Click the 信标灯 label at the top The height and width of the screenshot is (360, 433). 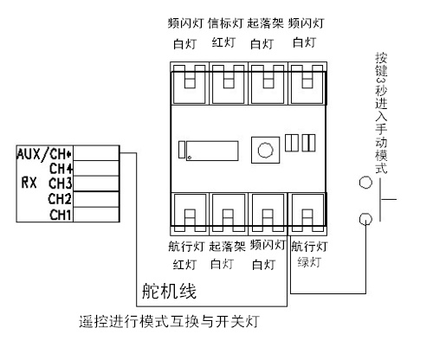[x=226, y=23]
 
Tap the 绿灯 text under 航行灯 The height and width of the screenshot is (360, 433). [x=309, y=262]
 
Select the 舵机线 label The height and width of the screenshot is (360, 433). [x=170, y=291]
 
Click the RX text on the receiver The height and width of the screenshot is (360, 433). [x=29, y=183]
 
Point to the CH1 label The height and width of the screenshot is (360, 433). [x=60, y=215]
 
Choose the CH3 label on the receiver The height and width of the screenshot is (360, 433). [x=60, y=183]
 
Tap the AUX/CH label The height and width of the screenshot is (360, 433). [x=44, y=154]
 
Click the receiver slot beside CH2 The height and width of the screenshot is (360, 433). [x=96, y=199]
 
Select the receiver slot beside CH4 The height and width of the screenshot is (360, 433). [x=96, y=168]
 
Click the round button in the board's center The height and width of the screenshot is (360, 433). [x=265, y=150]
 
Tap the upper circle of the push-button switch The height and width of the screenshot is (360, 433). [x=365, y=183]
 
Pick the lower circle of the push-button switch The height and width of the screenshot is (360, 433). [x=365, y=219]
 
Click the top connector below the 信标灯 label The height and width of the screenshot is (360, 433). [x=229, y=83]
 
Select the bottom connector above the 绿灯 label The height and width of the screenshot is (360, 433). [x=307, y=214]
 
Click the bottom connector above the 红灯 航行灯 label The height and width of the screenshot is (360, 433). [x=190, y=214]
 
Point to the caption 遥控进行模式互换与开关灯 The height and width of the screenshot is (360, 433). [x=169, y=322]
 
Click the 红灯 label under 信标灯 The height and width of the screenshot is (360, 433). [x=223, y=42]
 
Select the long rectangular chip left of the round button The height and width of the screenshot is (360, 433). [x=212, y=151]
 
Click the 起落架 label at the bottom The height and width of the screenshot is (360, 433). [x=227, y=247]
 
